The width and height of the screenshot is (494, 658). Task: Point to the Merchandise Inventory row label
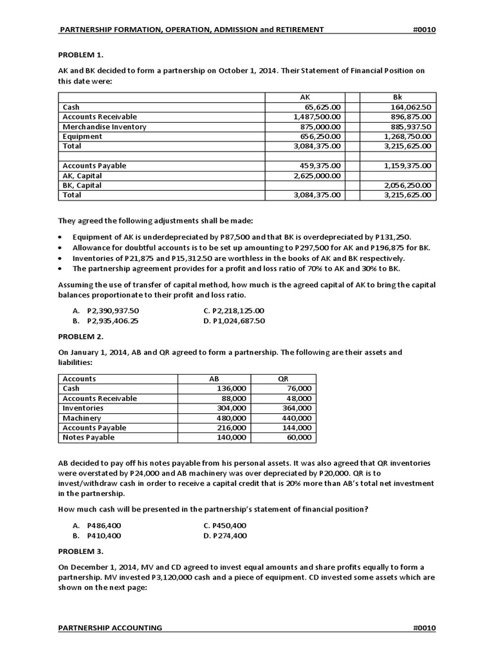click(x=104, y=127)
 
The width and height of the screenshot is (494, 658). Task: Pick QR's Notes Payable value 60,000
click(x=299, y=437)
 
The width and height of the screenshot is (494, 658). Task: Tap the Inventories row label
click(x=83, y=408)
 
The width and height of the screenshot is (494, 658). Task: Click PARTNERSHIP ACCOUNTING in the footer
click(x=111, y=627)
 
